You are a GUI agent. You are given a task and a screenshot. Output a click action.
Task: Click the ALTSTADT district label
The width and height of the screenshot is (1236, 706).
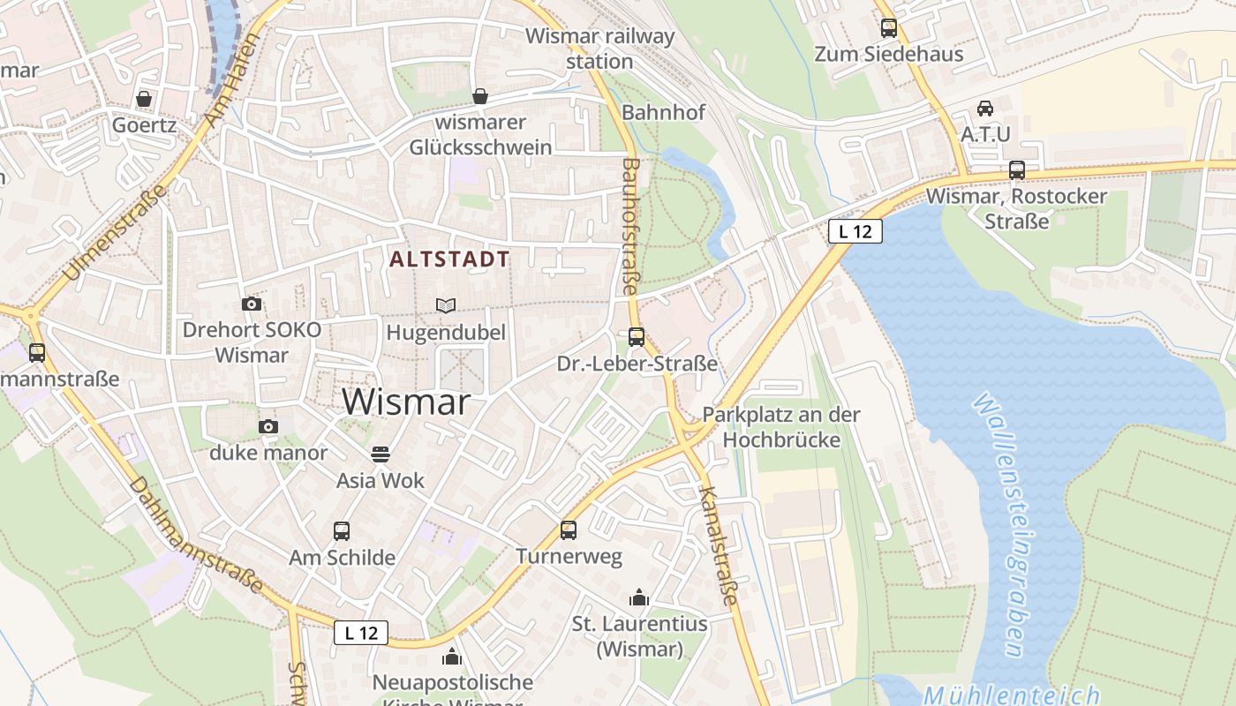click(x=450, y=259)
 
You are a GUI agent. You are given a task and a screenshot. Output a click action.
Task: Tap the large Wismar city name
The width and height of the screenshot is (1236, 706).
click(x=406, y=402)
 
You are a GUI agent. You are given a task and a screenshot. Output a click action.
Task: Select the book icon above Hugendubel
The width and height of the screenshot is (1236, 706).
click(x=447, y=306)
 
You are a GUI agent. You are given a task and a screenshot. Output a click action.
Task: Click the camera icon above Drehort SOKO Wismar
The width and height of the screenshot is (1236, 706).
click(x=252, y=304)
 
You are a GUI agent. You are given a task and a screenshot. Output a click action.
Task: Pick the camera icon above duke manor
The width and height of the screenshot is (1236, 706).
click(x=268, y=427)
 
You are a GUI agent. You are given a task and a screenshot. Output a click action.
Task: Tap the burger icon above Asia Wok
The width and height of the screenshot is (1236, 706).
click(x=381, y=454)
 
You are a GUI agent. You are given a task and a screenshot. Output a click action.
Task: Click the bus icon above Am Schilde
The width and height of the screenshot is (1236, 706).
click(x=342, y=531)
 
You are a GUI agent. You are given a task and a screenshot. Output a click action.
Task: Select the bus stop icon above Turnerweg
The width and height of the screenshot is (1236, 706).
click(x=569, y=530)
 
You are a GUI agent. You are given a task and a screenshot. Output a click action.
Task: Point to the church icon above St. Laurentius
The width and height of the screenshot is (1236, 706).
click(x=639, y=598)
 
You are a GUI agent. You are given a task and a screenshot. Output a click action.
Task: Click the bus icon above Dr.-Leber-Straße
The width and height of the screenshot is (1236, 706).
click(x=637, y=337)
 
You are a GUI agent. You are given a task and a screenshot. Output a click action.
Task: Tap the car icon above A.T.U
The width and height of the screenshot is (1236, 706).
click(x=985, y=109)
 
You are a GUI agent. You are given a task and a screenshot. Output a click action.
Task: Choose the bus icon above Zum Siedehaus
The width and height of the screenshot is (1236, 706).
click(x=889, y=28)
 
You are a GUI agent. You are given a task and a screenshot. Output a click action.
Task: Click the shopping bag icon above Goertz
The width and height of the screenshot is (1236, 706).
click(x=144, y=99)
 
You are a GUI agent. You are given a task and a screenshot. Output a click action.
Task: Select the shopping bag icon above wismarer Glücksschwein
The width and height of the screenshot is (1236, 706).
click(x=480, y=96)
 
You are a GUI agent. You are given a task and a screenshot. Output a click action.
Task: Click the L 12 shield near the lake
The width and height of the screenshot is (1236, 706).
click(x=855, y=232)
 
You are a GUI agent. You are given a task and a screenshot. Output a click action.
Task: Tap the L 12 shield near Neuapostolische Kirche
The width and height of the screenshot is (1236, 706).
click(x=361, y=633)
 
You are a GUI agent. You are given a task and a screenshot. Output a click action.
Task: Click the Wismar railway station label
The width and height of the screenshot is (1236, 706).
click(x=600, y=49)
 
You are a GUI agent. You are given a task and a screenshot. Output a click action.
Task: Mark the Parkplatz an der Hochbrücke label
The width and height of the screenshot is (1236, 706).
click(x=781, y=426)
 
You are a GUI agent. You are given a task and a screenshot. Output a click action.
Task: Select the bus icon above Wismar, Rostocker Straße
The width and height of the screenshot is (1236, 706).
click(x=1017, y=170)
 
